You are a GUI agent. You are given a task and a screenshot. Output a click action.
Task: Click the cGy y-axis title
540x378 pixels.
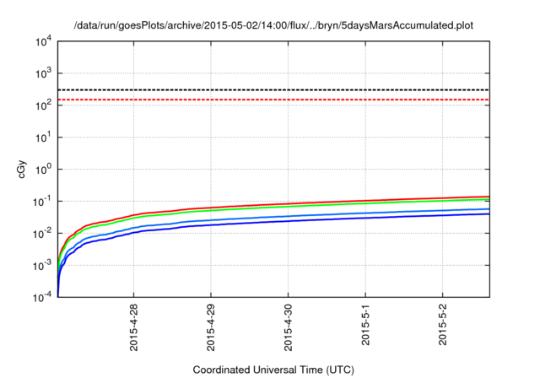tap(23, 169)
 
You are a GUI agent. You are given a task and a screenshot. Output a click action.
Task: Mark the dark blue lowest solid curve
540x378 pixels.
tap(337, 219)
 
